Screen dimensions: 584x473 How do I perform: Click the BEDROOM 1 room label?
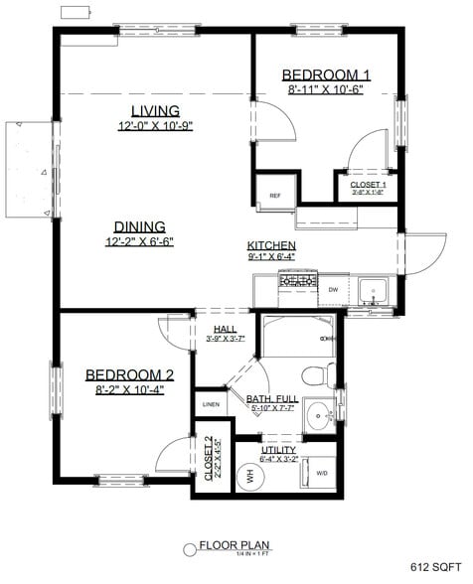tap(326, 74)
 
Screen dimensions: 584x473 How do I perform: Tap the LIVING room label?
tap(155, 110)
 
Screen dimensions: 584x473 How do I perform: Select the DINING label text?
tap(139, 225)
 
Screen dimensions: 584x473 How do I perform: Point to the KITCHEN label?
tap(271, 245)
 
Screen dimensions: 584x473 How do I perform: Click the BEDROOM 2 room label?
tap(129, 374)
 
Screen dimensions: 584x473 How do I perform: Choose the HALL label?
tap(225, 329)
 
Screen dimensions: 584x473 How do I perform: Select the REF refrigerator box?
tap(275, 195)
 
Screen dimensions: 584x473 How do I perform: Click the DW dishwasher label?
tap(333, 289)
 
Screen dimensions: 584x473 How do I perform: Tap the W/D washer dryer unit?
tap(321, 473)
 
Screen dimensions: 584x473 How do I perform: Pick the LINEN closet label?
tap(211, 404)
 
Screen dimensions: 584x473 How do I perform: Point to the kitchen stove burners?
tap(295, 281)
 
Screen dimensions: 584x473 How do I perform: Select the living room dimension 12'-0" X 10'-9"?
tap(155, 126)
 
